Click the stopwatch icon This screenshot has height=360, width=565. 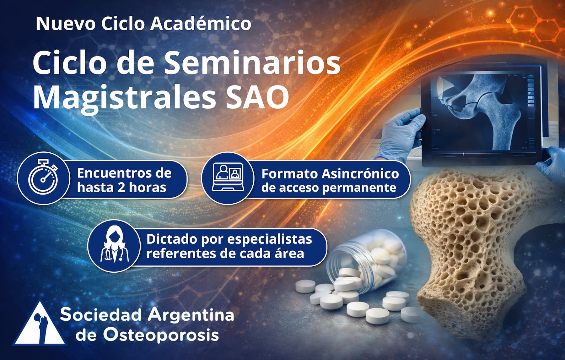[x=43, y=178]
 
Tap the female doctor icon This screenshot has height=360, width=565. [x=114, y=246]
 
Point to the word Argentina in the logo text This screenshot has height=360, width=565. [x=191, y=314]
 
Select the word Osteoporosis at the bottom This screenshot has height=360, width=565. [x=161, y=335]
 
